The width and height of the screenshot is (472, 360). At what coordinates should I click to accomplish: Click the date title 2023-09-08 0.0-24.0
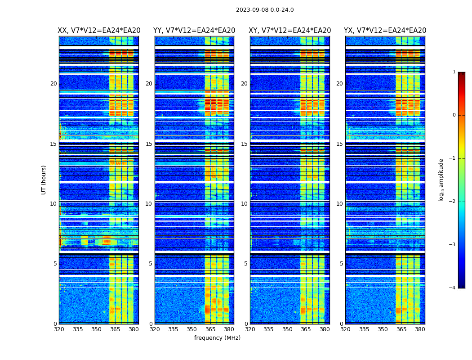pyautogui.click(x=265, y=10)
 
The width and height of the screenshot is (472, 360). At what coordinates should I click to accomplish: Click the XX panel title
pyautogui.click(x=99, y=31)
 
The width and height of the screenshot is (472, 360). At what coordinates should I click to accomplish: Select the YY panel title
pyautogui.click(x=194, y=31)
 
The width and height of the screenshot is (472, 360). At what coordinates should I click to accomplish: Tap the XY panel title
pyautogui.click(x=290, y=31)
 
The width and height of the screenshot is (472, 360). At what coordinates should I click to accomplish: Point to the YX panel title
pyautogui.click(x=385, y=31)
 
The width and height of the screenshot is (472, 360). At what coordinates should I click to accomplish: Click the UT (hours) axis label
pyautogui.click(x=44, y=180)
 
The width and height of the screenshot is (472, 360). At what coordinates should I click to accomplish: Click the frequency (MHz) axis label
pyautogui.click(x=217, y=338)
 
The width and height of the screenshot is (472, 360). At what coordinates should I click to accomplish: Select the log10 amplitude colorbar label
pyautogui.click(x=441, y=180)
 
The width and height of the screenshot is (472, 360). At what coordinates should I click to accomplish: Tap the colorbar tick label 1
pyautogui.click(x=454, y=72)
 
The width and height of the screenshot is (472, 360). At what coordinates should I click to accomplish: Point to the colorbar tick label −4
pyautogui.click(x=453, y=288)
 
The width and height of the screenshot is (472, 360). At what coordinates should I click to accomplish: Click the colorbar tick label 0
pyautogui.click(x=454, y=115)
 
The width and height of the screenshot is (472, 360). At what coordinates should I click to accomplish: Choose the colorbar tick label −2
pyautogui.click(x=453, y=202)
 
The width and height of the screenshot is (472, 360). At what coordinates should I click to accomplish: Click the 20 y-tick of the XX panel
pyautogui.click(x=53, y=84)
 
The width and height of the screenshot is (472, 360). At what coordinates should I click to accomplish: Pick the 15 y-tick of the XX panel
pyautogui.click(x=53, y=144)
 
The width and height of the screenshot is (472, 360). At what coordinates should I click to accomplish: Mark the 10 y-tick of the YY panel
pyautogui.click(x=149, y=204)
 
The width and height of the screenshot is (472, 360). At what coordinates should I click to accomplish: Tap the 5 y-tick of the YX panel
pyautogui.click(x=341, y=264)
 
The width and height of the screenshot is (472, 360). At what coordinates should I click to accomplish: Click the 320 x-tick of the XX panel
pyautogui.click(x=59, y=329)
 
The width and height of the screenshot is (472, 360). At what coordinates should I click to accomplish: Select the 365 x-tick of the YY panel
pyautogui.click(x=210, y=329)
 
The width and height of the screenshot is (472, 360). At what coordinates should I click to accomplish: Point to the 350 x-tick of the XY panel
pyautogui.click(x=287, y=329)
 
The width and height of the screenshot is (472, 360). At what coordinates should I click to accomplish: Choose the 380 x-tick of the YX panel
pyautogui.click(x=420, y=329)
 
